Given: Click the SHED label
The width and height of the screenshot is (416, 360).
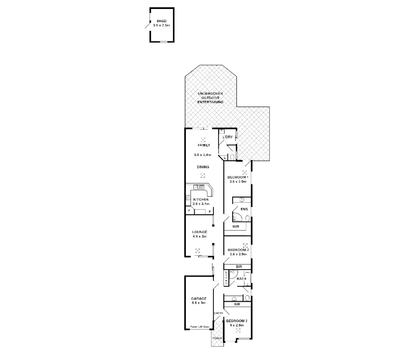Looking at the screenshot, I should (162, 21).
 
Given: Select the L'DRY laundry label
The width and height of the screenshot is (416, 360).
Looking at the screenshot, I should (227, 137).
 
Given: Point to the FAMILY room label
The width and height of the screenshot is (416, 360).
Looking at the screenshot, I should (204, 145).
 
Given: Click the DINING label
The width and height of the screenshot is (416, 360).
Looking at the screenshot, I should (203, 167).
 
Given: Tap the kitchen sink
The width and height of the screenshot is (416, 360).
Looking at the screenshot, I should (200, 187).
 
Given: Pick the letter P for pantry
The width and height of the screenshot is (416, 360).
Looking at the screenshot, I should (189, 211).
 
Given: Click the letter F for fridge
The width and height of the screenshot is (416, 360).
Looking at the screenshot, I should (210, 211).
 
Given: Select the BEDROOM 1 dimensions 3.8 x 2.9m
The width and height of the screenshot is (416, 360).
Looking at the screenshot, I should (238, 182).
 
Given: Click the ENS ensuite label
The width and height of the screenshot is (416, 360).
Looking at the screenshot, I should (244, 209).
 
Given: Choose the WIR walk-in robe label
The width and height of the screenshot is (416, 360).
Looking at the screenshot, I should (236, 227).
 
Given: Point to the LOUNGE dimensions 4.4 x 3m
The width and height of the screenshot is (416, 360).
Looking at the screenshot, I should (200, 236).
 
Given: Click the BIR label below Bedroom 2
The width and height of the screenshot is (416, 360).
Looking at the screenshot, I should (239, 267).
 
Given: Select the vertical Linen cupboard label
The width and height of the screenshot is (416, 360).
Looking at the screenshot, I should (226, 277).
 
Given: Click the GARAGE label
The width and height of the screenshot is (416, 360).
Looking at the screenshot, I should (199, 299).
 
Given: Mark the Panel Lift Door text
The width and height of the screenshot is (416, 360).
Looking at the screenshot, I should (200, 327).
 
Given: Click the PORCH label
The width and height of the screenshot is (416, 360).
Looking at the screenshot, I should (217, 338).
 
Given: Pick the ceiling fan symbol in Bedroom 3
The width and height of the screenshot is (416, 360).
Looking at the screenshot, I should (238, 331).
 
